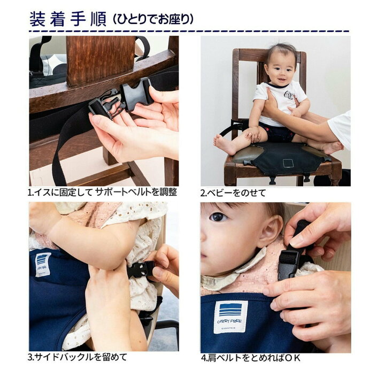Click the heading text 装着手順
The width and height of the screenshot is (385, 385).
click(68, 19)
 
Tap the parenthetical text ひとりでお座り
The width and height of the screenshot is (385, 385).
click(153, 19)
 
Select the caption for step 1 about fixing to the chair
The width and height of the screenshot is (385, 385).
click(102, 192)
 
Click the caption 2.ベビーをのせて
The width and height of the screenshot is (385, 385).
click(233, 192)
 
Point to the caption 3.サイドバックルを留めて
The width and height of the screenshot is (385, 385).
click(78, 357)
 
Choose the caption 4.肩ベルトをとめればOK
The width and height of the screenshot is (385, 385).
click(250, 358)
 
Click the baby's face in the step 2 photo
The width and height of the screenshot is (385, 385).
click(281, 70)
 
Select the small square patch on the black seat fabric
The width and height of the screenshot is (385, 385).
click(288, 163)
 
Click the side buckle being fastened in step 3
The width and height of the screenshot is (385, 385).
click(141, 269)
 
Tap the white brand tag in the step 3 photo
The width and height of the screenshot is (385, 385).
click(43, 265)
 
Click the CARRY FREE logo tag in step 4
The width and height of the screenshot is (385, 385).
click(230, 317)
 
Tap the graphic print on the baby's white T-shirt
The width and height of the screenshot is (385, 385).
click(289, 95)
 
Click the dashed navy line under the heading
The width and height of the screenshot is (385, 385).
click(189, 32)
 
